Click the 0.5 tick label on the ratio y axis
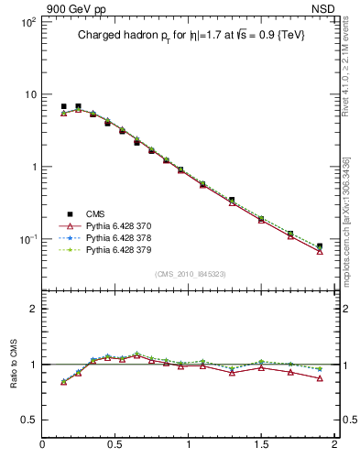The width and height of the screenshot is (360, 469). click(29, 420)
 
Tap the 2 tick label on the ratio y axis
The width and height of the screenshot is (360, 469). click(34, 309)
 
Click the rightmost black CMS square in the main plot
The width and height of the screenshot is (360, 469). click(320, 246)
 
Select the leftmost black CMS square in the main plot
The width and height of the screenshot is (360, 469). click(63, 106)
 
